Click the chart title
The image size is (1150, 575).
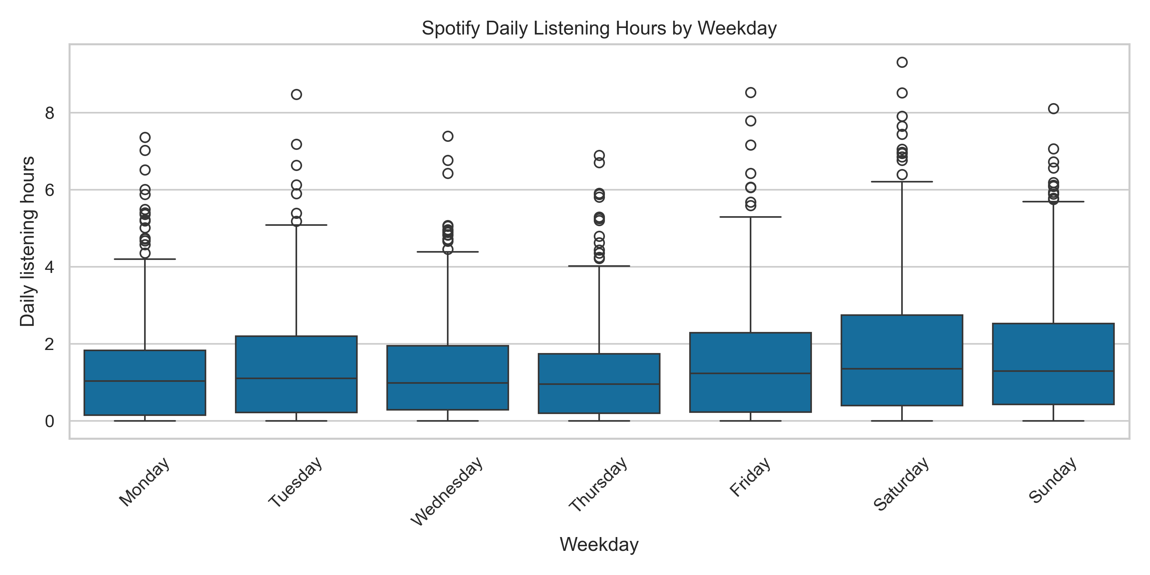tap(599, 29)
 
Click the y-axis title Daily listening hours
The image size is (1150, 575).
tap(28, 242)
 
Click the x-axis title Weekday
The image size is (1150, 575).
tap(599, 545)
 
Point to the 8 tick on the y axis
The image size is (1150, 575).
tap(49, 113)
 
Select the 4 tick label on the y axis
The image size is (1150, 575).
tap(49, 268)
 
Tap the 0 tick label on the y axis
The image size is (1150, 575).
tap(49, 421)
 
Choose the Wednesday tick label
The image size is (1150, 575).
tap(447, 491)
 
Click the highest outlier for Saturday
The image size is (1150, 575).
tap(902, 62)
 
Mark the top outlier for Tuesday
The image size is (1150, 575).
tap(296, 94)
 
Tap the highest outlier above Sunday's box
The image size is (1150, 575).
tap(1053, 108)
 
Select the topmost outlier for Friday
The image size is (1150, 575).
tap(751, 92)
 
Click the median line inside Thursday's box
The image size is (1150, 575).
tap(599, 384)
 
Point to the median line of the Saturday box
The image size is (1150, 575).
tap(902, 369)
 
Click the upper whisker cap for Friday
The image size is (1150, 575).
tap(751, 217)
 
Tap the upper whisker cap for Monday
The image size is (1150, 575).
tap(145, 259)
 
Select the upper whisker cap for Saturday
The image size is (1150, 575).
tap(902, 182)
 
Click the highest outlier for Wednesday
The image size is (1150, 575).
tap(448, 136)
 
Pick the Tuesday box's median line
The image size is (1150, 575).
tap(296, 379)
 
